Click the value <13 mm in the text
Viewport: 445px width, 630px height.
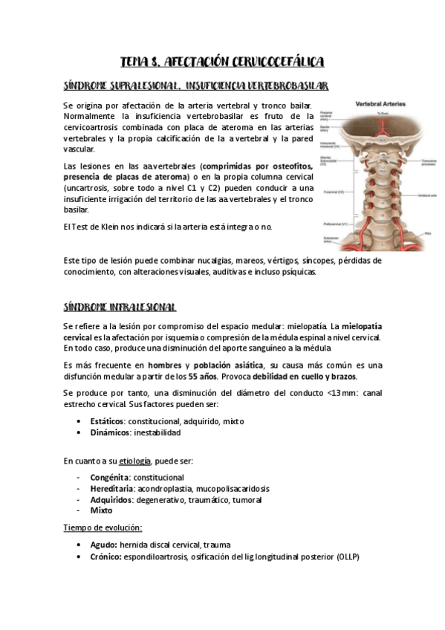(x=339, y=393)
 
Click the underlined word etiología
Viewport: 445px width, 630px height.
(x=135, y=461)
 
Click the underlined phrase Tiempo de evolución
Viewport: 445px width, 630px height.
(x=103, y=527)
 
